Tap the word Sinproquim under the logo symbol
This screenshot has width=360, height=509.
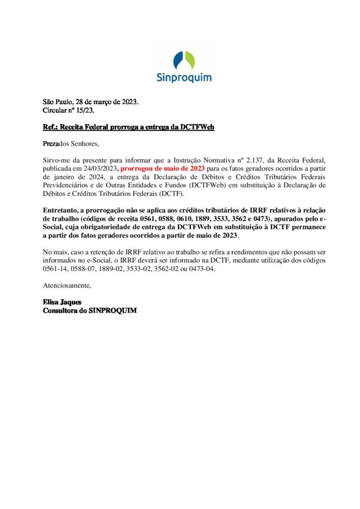(183, 77)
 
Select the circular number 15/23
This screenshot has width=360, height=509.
(84, 110)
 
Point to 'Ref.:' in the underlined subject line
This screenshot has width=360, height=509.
(50, 127)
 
